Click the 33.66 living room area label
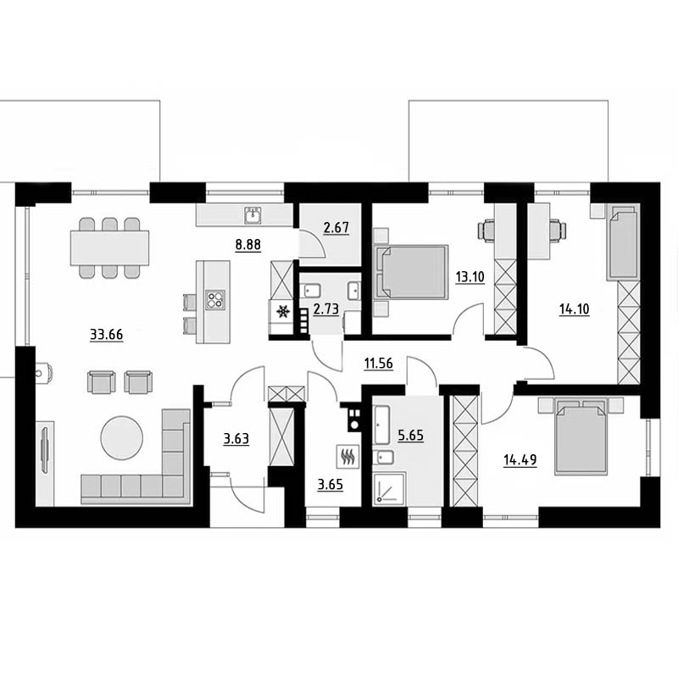click(x=107, y=334)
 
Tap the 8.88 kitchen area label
click(x=248, y=245)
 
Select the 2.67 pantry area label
click(x=336, y=227)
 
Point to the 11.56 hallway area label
click(x=379, y=364)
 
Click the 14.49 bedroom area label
click(x=520, y=460)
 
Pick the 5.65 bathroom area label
click(x=411, y=436)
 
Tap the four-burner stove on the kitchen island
click(x=215, y=300)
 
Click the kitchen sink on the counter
click(x=253, y=215)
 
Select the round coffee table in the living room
click(x=121, y=437)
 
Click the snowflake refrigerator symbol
click(x=283, y=311)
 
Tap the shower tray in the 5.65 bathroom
click(x=389, y=488)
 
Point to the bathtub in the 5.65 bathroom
click(x=382, y=425)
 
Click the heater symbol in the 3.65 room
click(x=348, y=456)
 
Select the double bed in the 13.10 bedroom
click(x=411, y=272)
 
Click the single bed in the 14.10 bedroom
click(x=623, y=242)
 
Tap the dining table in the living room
click(x=110, y=247)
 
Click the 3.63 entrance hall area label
click(x=236, y=439)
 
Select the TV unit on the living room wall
click(x=45, y=463)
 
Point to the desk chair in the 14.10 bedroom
click(x=559, y=230)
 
